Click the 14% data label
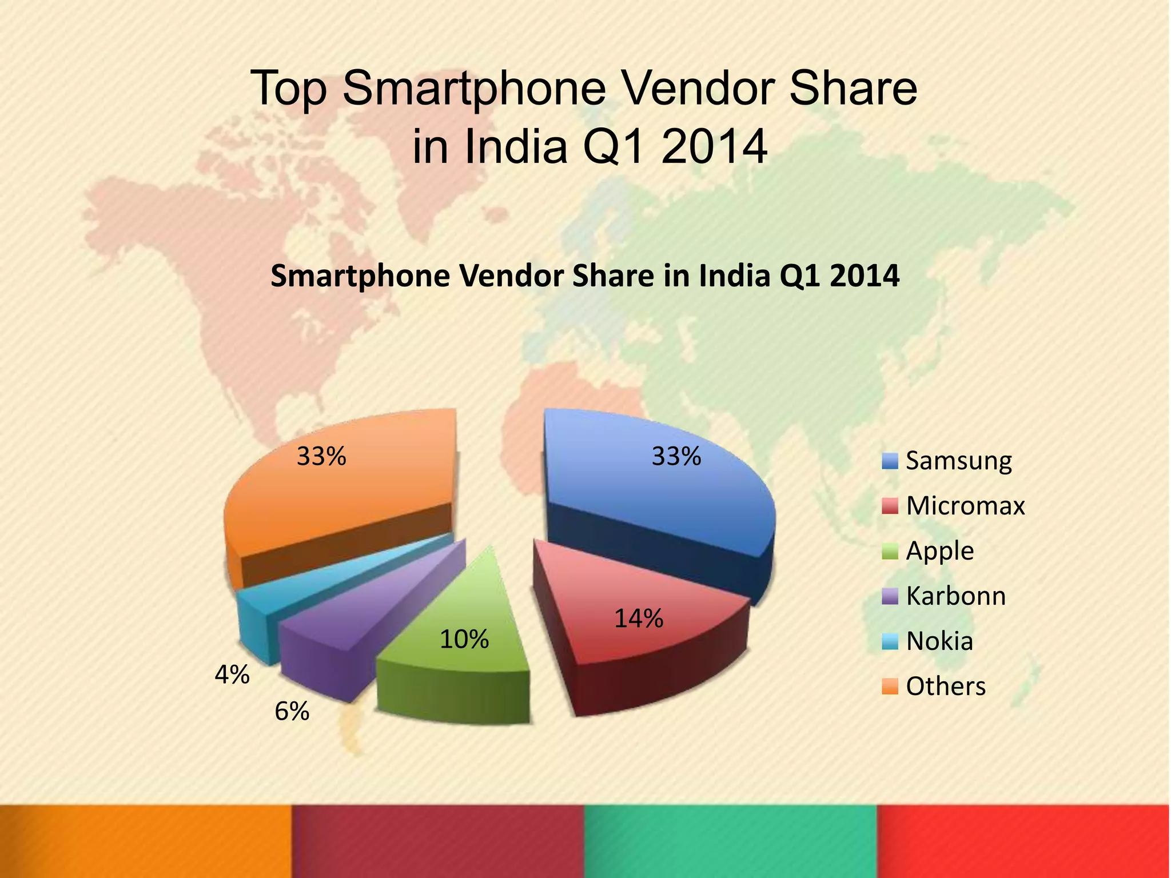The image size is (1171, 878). tap(639, 618)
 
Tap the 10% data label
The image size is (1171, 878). tap(464, 639)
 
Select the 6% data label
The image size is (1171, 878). tap(292, 712)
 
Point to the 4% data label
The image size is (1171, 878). tap(232, 675)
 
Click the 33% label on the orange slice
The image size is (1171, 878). tap(321, 456)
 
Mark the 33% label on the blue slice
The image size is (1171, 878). tap(676, 456)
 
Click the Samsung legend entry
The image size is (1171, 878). tap(958, 461)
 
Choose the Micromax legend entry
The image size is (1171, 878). tap(965, 506)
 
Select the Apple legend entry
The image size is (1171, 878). tap(939, 551)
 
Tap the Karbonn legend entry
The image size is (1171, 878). tap(955, 596)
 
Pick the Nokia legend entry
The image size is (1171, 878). tap(939, 641)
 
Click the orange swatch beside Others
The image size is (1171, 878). tap(890, 686)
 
